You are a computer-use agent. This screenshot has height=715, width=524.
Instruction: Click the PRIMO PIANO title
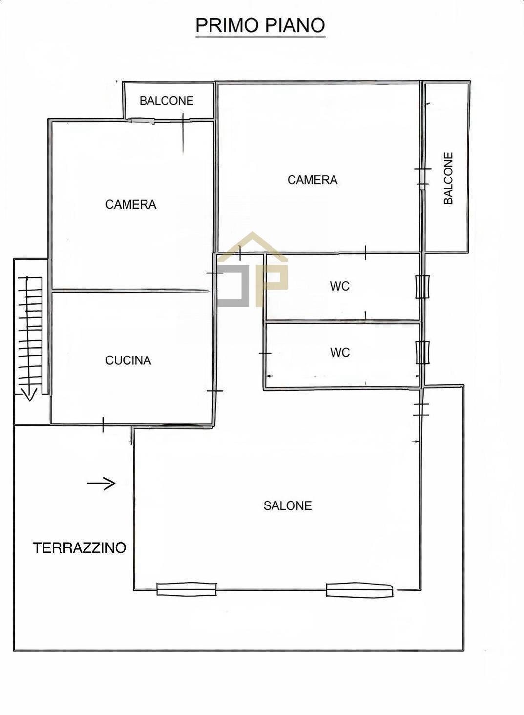tap(260, 25)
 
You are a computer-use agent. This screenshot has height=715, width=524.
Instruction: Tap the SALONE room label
tap(287, 505)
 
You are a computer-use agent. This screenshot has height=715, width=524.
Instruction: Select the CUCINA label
tap(128, 360)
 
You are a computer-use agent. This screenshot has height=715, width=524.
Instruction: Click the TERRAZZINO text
tap(80, 547)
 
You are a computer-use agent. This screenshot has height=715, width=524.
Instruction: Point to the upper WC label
tap(339, 286)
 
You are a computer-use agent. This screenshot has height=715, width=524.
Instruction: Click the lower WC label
tap(339, 352)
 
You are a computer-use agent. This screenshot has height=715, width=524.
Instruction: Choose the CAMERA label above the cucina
tap(130, 204)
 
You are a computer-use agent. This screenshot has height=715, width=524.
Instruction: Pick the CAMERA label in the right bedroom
tap(312, 180)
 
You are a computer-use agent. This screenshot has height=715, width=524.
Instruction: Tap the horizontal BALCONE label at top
tap(166, 101)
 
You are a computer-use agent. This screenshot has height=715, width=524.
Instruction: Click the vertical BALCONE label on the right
tap(448, 178)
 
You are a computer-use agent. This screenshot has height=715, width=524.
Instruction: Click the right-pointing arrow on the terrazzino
tap(101, 484)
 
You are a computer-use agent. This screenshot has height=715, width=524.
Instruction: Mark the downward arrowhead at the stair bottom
tap(29, 394)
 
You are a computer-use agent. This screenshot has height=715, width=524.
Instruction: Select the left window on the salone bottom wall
tap(186, 589)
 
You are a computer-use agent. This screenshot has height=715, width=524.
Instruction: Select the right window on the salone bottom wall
tap(359, 590)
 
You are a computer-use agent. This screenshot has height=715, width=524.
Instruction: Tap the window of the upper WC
tap(422, 287)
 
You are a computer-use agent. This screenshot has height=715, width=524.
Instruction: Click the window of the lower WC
tap(422, 352)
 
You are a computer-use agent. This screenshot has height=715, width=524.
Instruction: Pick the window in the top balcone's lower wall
tap(143, 121)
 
